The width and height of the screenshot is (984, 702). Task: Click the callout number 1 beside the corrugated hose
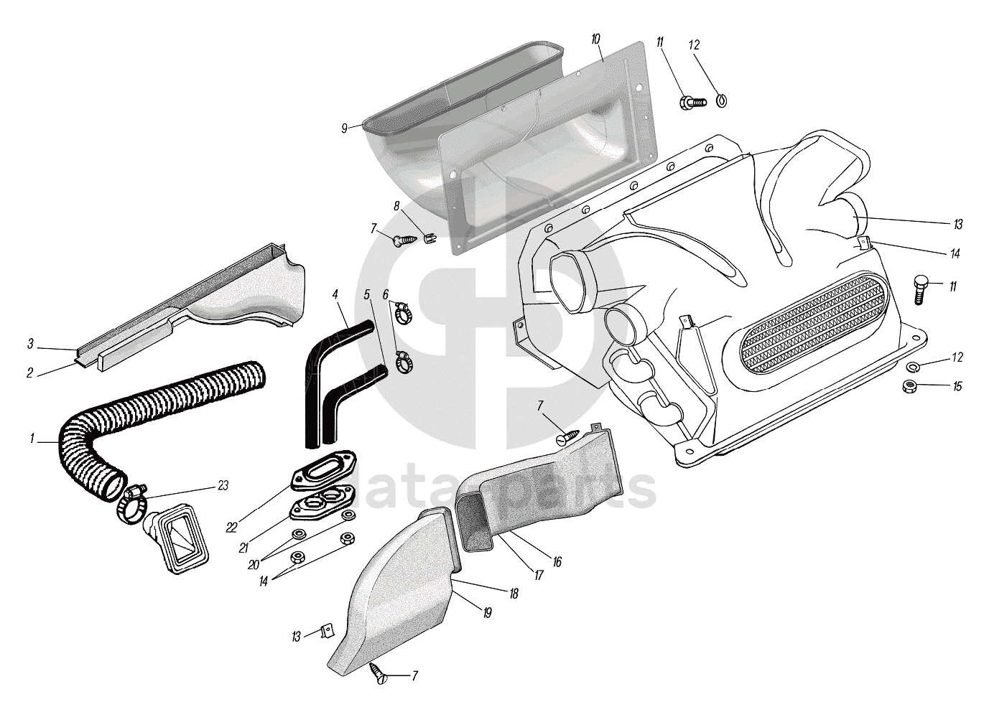(32, 438)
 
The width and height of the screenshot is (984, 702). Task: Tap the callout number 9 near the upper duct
(345, 128)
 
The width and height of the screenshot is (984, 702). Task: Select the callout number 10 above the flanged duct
(596, 38)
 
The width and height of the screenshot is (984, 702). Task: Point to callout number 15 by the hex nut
(957, 387)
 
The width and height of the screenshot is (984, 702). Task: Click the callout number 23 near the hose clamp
(223, 486)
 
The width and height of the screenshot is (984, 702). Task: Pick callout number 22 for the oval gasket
(231, 528)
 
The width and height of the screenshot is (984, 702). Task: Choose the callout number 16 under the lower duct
(557, 563)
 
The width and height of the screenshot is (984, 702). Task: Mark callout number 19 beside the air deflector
(487, 613)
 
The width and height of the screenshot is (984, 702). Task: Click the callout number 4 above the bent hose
(335, 294)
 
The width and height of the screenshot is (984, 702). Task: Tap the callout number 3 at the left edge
(30, 345)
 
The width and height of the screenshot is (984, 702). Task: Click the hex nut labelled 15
(908, 387)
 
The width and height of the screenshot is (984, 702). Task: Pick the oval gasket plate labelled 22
(323, 478)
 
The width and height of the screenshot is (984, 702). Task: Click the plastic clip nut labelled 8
(429, 238)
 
